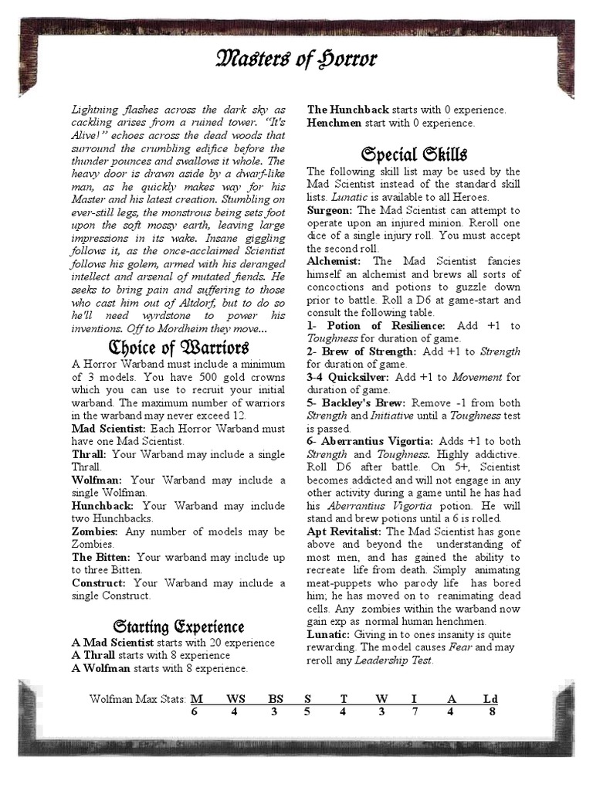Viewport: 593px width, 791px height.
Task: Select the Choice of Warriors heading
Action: (x=178, y=346)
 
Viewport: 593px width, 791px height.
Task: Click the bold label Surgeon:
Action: (x=330, y=210)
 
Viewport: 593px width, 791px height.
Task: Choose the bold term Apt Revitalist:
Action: (x=344, y=532)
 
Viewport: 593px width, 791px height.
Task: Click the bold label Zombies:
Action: (x=94, y=532)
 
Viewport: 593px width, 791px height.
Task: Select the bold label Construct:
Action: (x=100, y=582)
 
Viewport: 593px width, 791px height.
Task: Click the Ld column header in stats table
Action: (x=490, y=699)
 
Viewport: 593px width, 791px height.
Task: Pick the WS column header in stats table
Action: (x=235, y=699)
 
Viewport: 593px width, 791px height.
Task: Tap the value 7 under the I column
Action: (x=415, y=711)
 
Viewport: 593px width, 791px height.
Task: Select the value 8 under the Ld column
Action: (x=491, y=711)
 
